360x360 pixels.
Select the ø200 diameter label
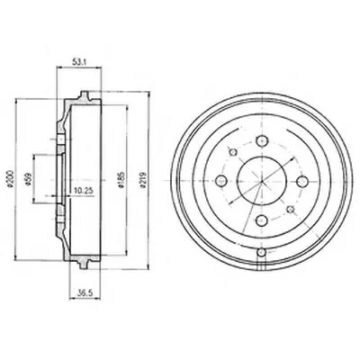tap(10, 179)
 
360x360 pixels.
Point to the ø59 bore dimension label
tap(29, 180)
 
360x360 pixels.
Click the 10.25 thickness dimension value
tap(80, 190)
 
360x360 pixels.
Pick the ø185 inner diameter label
tap(121, 179)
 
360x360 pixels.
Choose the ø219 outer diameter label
tap(143, 180)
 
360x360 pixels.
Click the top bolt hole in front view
tap(262, 140)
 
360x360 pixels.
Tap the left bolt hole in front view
tap(221, 181)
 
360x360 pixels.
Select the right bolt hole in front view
tap(301, 181)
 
